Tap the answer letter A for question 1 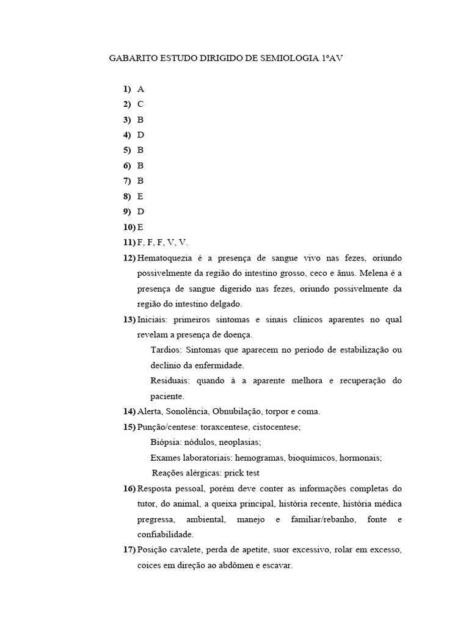(x=141, y=89)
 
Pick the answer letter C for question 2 (x=141, y=104)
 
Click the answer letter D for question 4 (x=141, y=135)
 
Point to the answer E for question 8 (x=140, y=197)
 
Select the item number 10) (x=129, y=227)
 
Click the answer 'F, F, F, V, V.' (x=163, y=242)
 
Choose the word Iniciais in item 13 (x=153, y=320)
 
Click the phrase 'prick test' (x=246, y=473)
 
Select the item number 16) (x=129, y=489)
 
